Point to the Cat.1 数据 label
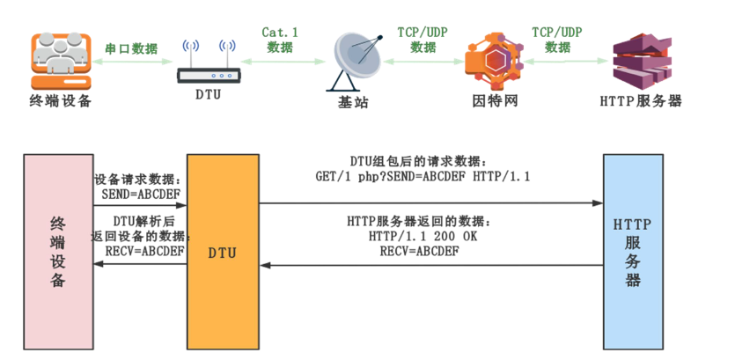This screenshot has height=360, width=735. click(281, 40)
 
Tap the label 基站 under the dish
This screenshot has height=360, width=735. click(353, 102)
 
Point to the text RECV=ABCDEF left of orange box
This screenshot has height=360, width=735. click(141, 251)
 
